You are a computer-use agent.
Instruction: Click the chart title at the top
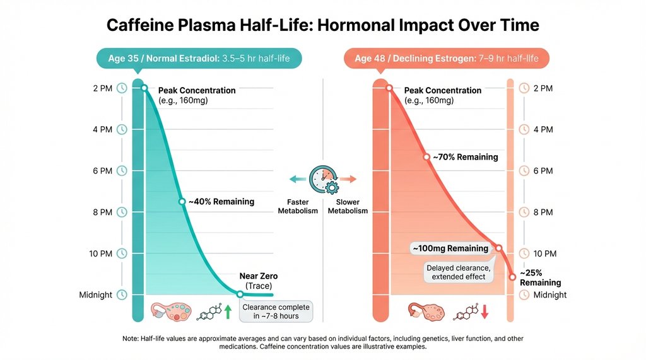click(323, 25)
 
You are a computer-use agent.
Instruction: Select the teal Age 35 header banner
click(199, 59)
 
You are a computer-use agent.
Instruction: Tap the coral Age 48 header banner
click(446, 59)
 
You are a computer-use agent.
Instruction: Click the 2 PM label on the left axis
click(102, 88)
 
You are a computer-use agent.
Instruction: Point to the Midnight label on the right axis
click(550, 295)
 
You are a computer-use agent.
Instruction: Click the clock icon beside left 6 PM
click(122, 171)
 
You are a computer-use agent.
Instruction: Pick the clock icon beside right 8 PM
click(524, 212)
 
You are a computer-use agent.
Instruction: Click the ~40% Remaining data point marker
click(182, 202)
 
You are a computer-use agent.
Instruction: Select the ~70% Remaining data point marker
click(428, 156)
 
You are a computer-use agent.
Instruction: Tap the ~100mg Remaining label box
click(450, 248)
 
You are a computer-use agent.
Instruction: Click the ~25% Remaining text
click(540, 278)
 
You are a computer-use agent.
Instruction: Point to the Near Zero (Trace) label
click(259, 281)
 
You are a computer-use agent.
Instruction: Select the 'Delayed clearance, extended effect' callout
click(456, 272)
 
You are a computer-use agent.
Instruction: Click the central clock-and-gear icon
click(323, 179)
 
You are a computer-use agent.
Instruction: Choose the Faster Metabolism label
click(298, 207)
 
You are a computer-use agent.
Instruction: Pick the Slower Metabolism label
click(348, 207)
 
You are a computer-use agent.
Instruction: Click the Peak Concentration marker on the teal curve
click(144, 88)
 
